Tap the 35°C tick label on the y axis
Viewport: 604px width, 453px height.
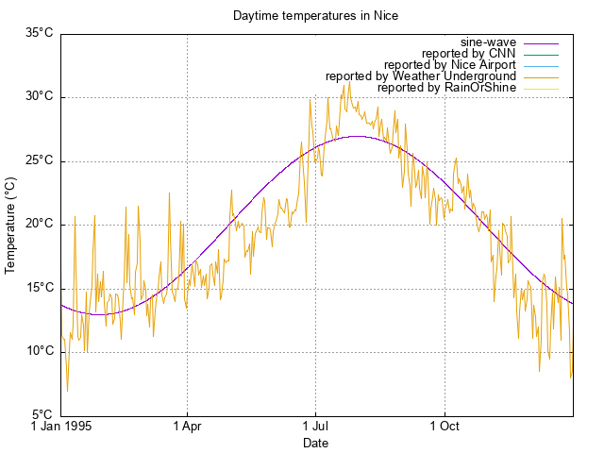pos(39,33)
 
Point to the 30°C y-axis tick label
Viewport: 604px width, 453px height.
pos(39,96)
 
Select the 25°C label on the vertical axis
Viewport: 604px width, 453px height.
pos(39,160)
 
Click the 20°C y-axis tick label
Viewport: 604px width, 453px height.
pos(39,224)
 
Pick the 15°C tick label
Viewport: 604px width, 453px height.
pos(39,288)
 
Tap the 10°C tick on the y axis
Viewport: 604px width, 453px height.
pos(39,351)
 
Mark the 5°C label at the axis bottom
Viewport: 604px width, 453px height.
pos(42,415)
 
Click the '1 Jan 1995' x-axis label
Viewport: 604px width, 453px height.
pos(60,427)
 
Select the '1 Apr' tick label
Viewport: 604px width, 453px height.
pos(187,427)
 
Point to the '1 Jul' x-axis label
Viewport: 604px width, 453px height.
pos(315,427)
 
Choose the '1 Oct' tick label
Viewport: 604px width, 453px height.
pos(444,427)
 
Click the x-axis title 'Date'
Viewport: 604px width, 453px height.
pos(315,443)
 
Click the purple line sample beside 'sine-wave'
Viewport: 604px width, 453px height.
pos(540,42)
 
